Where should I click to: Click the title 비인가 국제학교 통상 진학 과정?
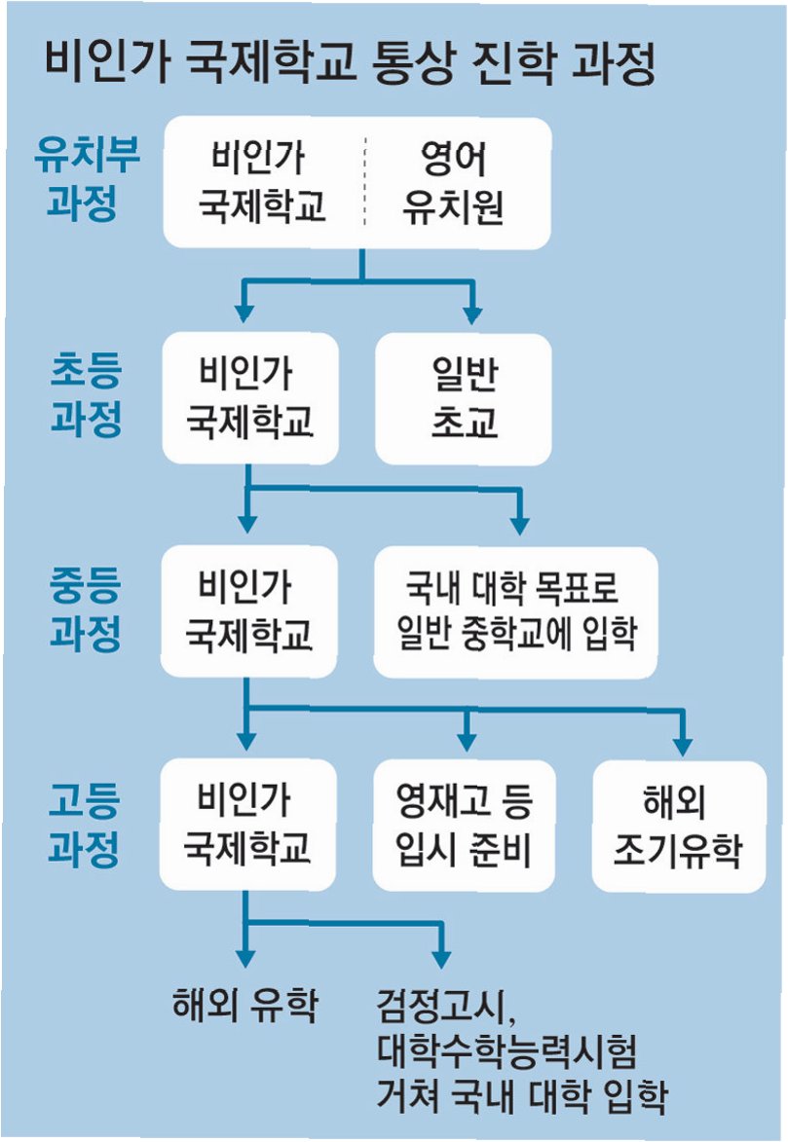coord(349,65)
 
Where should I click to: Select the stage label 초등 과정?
coord(86,395)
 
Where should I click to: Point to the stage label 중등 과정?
coord(86,610)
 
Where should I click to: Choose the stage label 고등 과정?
coord(86,825)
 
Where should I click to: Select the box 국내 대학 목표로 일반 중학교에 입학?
coord(516,612)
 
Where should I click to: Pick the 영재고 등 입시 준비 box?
coord(464,826)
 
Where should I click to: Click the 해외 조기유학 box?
coord(678,826)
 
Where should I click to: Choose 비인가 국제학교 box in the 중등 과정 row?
coord(249,612)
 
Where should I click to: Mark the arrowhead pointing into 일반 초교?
coord(472,314)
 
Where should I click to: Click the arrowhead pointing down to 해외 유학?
coord(244,959)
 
